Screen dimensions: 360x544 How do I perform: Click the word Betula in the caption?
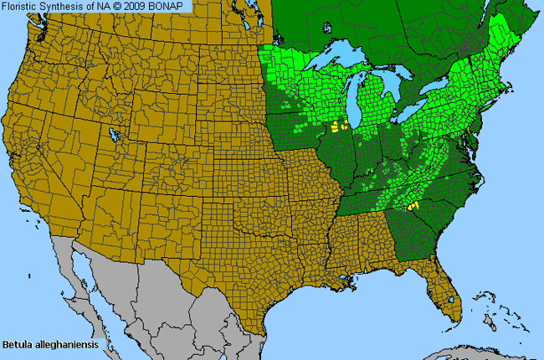point(16,344)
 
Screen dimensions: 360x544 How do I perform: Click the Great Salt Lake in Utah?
point(111,131)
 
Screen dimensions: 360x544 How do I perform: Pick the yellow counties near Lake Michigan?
point(338,128)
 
